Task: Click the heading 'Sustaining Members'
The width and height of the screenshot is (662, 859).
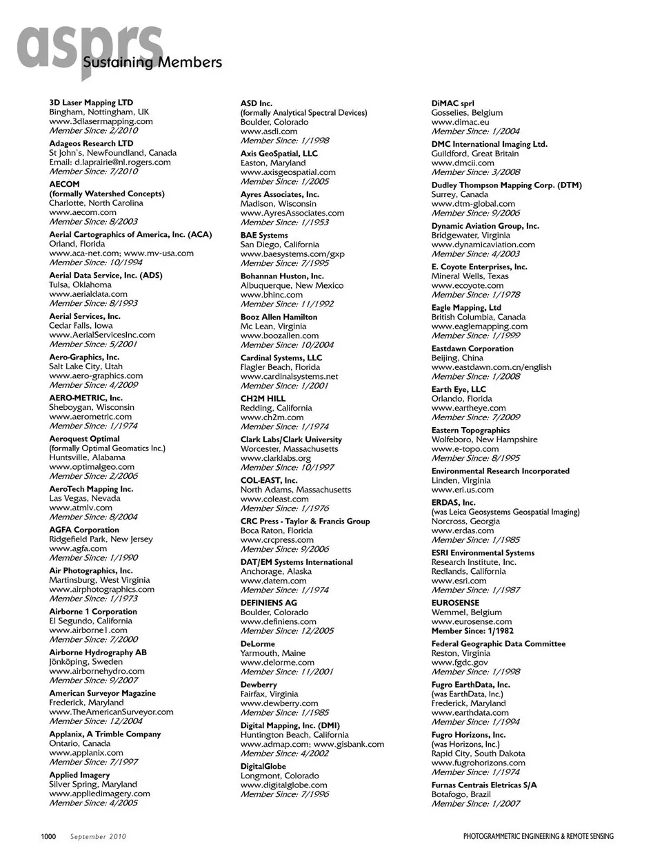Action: click(x=152, y=63)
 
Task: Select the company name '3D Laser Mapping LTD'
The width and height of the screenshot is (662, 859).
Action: click(x=91, y=103)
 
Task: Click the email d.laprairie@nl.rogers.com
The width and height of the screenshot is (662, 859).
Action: click(x=110, y=162)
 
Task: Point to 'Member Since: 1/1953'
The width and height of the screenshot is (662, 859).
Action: click(x=284, y=222)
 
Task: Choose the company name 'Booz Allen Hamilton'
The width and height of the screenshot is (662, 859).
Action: click(x=279, y=317)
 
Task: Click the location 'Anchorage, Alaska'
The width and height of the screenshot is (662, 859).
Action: click(x=276, y=571)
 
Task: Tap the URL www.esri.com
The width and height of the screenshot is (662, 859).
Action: click(x=459, y=581)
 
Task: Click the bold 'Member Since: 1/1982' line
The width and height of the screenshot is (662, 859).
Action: click(x=472, y=631)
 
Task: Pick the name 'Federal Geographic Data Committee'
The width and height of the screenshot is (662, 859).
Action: click(x=498, y=644)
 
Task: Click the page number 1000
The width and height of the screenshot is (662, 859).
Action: click(x=48, y=836)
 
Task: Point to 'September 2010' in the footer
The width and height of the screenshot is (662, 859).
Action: click(x=98, y=837)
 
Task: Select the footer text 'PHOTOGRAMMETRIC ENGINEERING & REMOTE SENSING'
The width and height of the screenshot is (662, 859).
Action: click(x=538, y=837)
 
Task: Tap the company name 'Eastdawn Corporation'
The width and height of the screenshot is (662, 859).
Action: click(x=472, y=349)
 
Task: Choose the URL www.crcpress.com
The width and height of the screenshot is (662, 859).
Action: click(x=277, y=540)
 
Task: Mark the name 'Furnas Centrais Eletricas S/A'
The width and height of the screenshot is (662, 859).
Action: click(x=484, y=785)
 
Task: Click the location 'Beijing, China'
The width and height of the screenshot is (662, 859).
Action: click(x=457, y=358)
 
